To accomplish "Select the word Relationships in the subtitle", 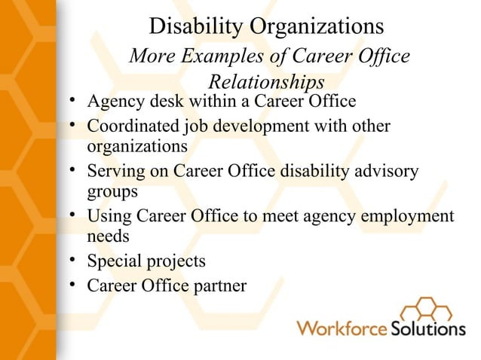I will (266, 81).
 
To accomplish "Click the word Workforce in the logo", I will (342, 329).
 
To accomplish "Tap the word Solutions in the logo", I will (427, 329).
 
